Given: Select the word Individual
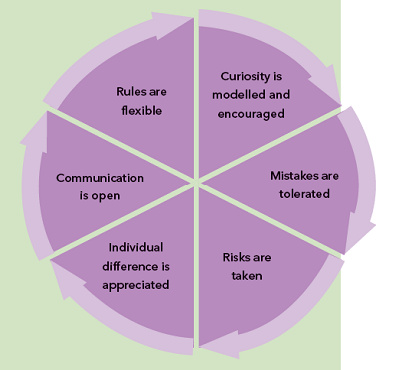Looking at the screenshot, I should [x=135, y=247].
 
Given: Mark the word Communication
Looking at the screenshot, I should [x=100, y=178].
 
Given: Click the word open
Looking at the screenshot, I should [x=105, y=195].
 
